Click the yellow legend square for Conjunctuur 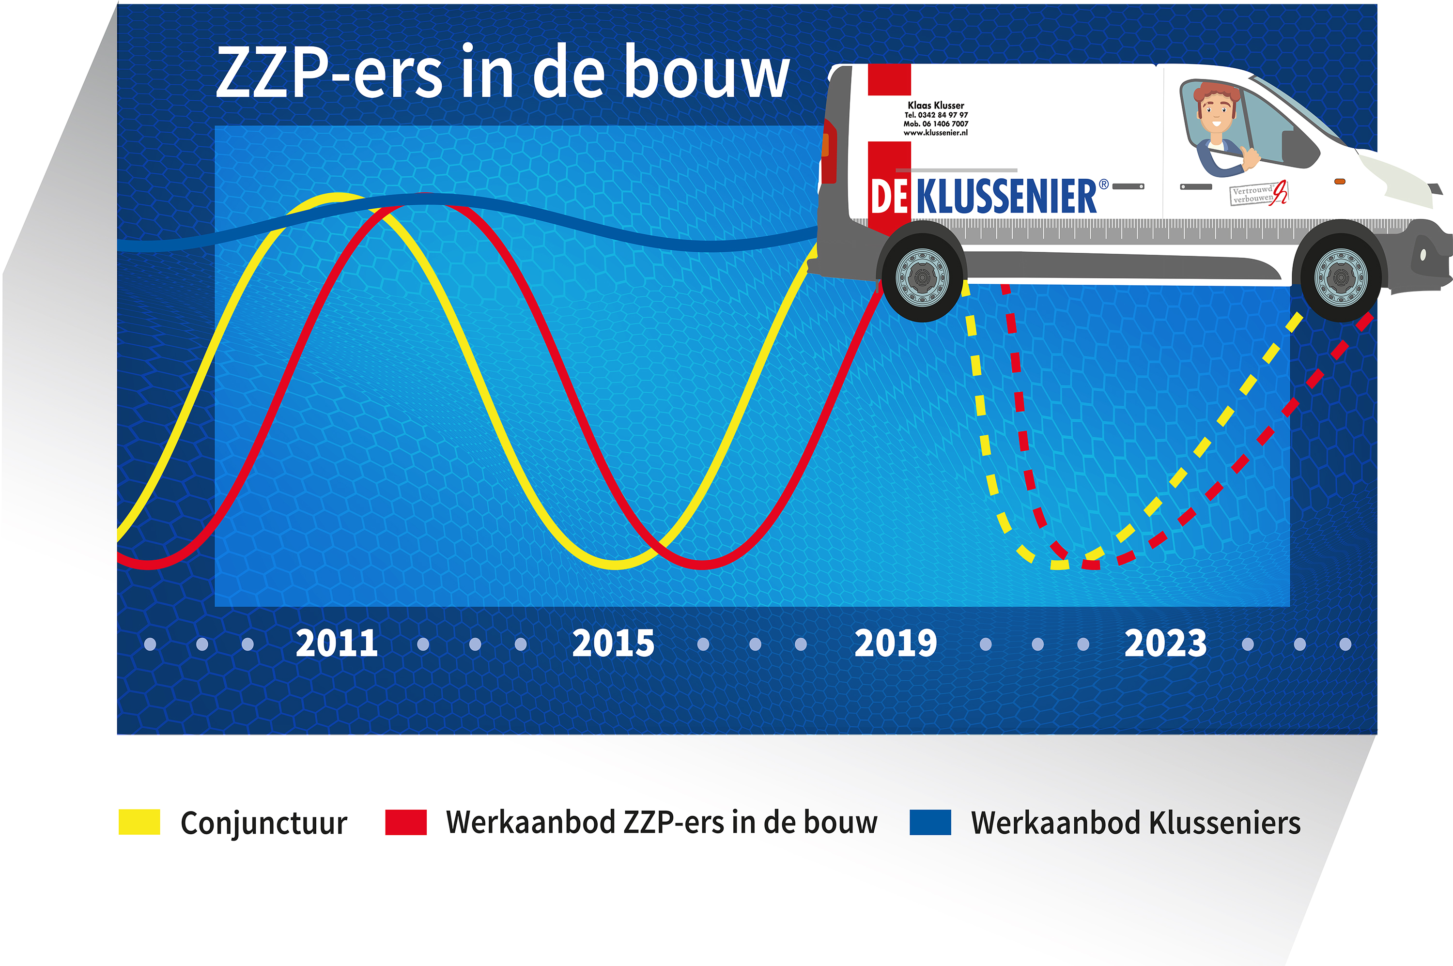(x=139, y=823)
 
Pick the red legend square (x=405, y=823)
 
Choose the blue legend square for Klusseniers (x=930, y=823)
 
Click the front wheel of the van (x=1341, y=278)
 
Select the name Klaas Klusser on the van (x=935, y=106)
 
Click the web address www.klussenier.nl (x=935, y=133)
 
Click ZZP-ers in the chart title (x=328, y=73)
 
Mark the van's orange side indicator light (x=1340, y=181)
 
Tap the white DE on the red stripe (x=889, y=197)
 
